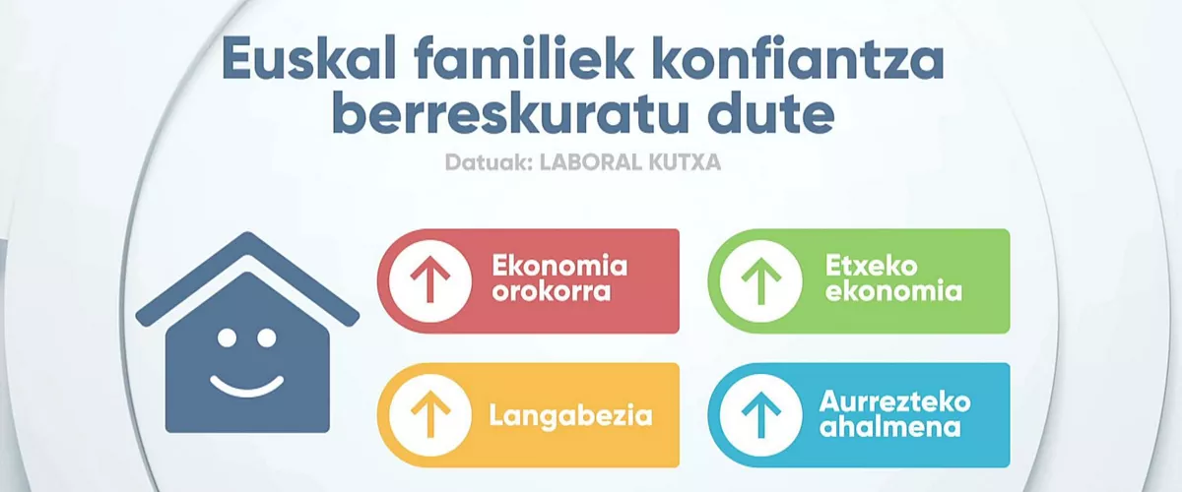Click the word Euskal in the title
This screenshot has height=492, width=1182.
point(309,58)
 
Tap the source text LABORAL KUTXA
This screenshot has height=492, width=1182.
point(630,162)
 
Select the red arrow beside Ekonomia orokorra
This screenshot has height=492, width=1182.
point(430,279)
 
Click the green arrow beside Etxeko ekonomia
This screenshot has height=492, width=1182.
point(760,281)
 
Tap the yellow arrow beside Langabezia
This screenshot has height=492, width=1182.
point(430,414)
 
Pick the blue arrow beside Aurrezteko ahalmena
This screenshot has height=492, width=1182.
point(760,415)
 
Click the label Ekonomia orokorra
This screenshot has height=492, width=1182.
point(559,277)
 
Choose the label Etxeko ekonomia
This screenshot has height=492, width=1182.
point(893,278)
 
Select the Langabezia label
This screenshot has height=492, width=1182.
point(570,415)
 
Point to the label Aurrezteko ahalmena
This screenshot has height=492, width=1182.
point(895,414)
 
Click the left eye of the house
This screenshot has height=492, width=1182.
point(227,338)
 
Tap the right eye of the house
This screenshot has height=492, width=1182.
point(266,338)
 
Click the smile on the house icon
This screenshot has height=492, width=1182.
point(247,389)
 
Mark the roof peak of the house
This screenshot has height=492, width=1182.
point(247,232)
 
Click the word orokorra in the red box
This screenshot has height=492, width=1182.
point(551,291)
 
